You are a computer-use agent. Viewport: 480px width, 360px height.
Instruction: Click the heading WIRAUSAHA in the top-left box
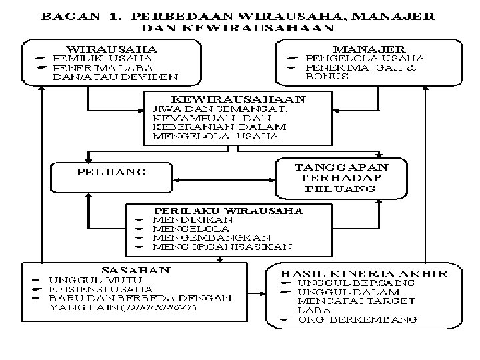111,49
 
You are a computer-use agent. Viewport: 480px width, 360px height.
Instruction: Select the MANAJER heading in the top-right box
368,49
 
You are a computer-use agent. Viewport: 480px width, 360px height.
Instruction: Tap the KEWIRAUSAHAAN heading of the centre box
239,99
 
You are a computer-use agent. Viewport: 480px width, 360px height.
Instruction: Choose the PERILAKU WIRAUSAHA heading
229,210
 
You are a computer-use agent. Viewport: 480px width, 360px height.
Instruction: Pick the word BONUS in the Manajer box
327,77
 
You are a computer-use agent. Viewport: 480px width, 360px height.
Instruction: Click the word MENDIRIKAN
193,219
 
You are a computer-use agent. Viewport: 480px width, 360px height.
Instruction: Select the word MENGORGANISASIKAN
222,247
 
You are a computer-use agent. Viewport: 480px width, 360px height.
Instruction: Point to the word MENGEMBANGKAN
211,237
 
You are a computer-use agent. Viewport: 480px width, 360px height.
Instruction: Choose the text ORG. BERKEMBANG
357,319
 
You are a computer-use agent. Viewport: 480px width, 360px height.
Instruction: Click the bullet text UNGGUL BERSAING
356,283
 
